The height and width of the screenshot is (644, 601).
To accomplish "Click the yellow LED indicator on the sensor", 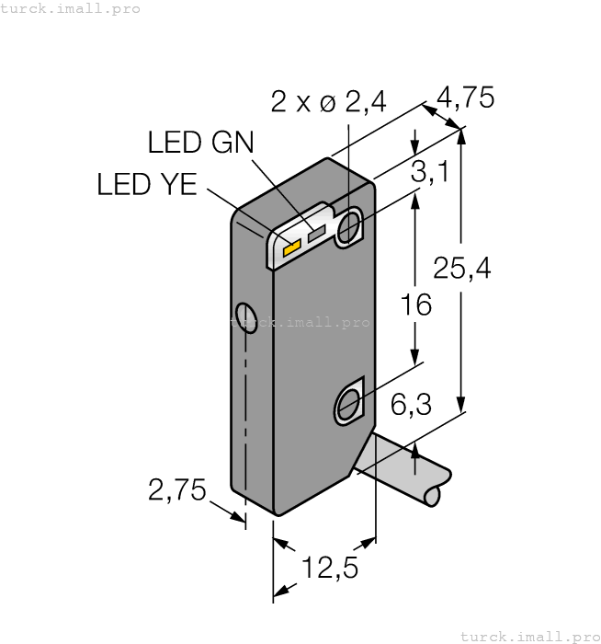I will (292, 247).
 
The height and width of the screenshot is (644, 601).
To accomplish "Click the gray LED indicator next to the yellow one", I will (318, 236).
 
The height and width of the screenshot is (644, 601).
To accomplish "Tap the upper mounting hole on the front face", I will (348, 227).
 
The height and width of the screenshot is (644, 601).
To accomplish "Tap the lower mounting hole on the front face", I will (349, 403).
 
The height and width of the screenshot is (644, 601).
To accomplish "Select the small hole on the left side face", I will (245, 317).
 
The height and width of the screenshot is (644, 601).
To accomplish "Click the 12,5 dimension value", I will (332, 568).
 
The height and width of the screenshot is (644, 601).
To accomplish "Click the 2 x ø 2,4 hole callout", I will (329, 102).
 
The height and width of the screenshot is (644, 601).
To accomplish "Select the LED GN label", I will (200, 143).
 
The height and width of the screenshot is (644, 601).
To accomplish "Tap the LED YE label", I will (147, 185).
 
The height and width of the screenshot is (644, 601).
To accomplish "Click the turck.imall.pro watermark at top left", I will (71, 8).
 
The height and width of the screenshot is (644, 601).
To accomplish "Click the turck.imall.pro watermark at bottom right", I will (527, 635).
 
